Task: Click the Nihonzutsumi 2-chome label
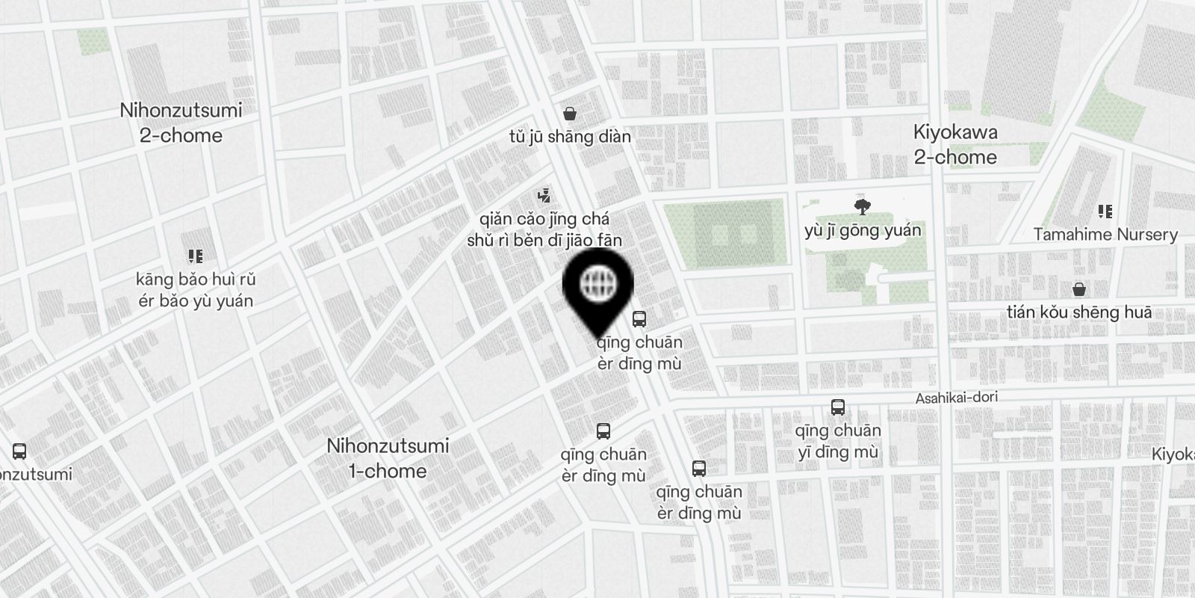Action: (181, 123)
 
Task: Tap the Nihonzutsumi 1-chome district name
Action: (388, 458)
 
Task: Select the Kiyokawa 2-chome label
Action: (955, 145)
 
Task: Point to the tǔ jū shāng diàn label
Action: (569, 137)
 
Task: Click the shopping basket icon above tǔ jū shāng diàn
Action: (570, 114)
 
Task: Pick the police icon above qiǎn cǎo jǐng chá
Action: (544, 197)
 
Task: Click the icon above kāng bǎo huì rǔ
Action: (196, 257)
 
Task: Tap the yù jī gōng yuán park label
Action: (863, 230)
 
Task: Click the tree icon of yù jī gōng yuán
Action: (863, 206)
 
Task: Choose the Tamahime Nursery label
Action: (1105, 235)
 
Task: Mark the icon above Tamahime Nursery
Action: (1105, 212)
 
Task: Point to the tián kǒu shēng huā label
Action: (1078, 312)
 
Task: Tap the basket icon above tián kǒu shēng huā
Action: (1078, 289)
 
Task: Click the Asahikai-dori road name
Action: (956, 398)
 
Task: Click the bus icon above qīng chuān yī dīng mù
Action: (837, 407)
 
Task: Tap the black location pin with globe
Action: (597, 286)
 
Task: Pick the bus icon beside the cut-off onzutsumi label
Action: (19, 451)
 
